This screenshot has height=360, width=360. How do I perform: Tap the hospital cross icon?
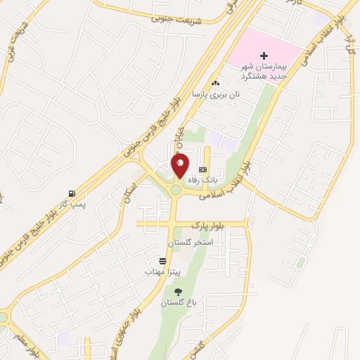(264, 56)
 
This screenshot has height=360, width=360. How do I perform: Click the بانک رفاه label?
(205, 180)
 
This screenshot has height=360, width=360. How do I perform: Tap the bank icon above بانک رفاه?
(203, 169)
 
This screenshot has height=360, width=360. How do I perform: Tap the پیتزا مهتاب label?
(163, 271)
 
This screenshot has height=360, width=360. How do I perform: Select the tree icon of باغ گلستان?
(177, 291)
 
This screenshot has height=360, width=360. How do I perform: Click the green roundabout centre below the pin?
(175, 190)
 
